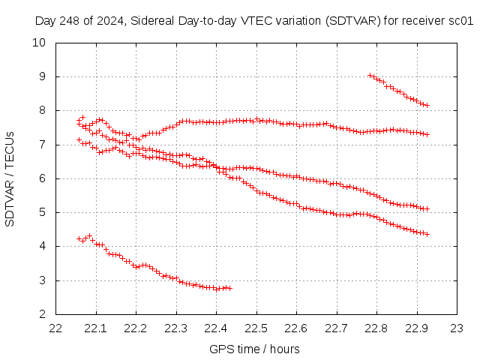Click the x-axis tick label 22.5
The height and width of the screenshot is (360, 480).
point(256,328)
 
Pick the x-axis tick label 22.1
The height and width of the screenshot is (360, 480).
point(96,328)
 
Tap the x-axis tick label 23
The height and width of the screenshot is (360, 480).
point(457,328)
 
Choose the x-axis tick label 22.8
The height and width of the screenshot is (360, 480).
point(376,328)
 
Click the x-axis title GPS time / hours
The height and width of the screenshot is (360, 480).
point(254,349)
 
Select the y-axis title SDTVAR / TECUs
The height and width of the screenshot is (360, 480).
point(10,178)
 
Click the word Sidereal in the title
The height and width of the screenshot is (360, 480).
point(150,21)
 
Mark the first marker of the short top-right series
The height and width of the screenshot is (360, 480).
point(370,75)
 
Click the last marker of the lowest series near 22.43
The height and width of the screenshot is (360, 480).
point(229,288)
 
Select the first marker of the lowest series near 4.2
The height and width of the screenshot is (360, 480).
point(79,238)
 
